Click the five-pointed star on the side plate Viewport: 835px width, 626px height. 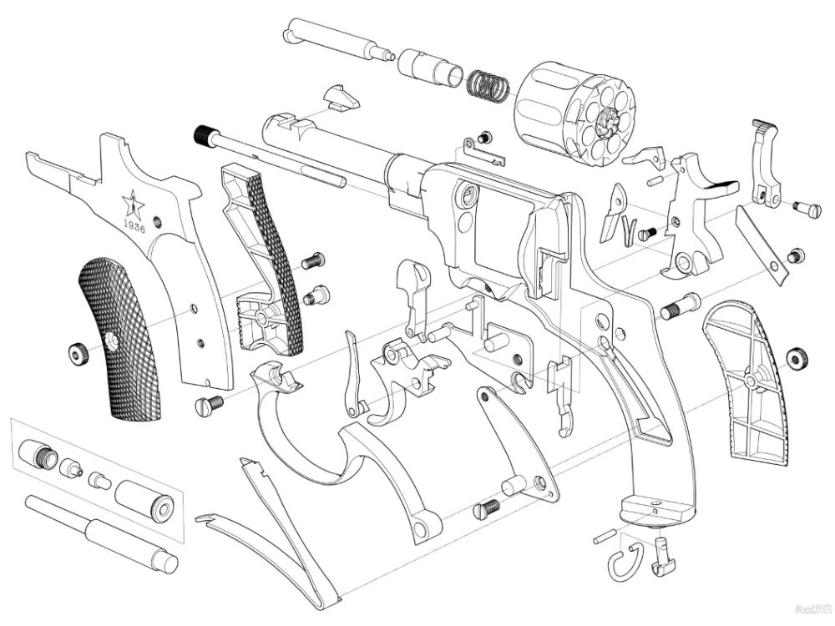point(131,202)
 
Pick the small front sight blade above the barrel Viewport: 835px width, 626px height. point(342,97)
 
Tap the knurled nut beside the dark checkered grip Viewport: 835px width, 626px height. point(78,354)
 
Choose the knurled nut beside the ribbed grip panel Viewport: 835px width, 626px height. point(798,358)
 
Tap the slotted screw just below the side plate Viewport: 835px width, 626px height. point(209,406)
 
